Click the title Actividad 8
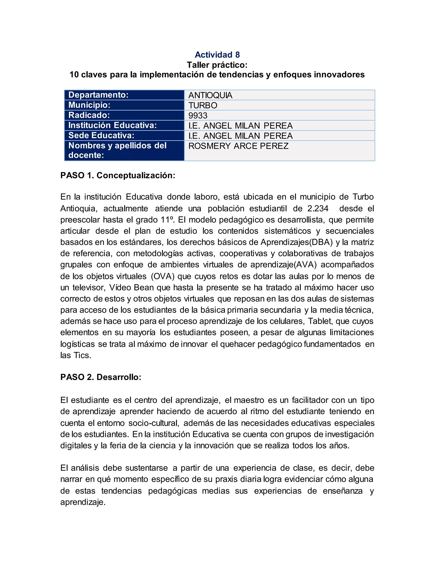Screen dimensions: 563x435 [x=217, y=55]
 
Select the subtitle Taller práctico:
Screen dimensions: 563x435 [x=217, y=65]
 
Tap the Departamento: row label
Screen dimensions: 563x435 [x=98, y=95]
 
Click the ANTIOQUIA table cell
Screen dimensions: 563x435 [x=210, y=95]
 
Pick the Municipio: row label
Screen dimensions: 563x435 [x=89, y=105]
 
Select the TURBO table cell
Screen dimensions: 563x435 [x=203, y=105]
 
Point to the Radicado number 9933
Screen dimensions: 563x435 [x=198, y=116]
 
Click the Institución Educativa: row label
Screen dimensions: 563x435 [x=112, y=125]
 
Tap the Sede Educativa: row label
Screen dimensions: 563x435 [x=101, y=135]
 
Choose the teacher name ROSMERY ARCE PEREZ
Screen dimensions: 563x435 [x=238, y=146]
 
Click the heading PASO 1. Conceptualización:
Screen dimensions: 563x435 [x=118, y=175]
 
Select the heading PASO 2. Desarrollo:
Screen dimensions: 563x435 [x=101, y=377]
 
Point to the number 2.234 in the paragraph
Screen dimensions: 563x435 [x=318, y=208]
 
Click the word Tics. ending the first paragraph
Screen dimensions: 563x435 [x=82, y=355]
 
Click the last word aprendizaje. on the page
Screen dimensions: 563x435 [x=83, y=502]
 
